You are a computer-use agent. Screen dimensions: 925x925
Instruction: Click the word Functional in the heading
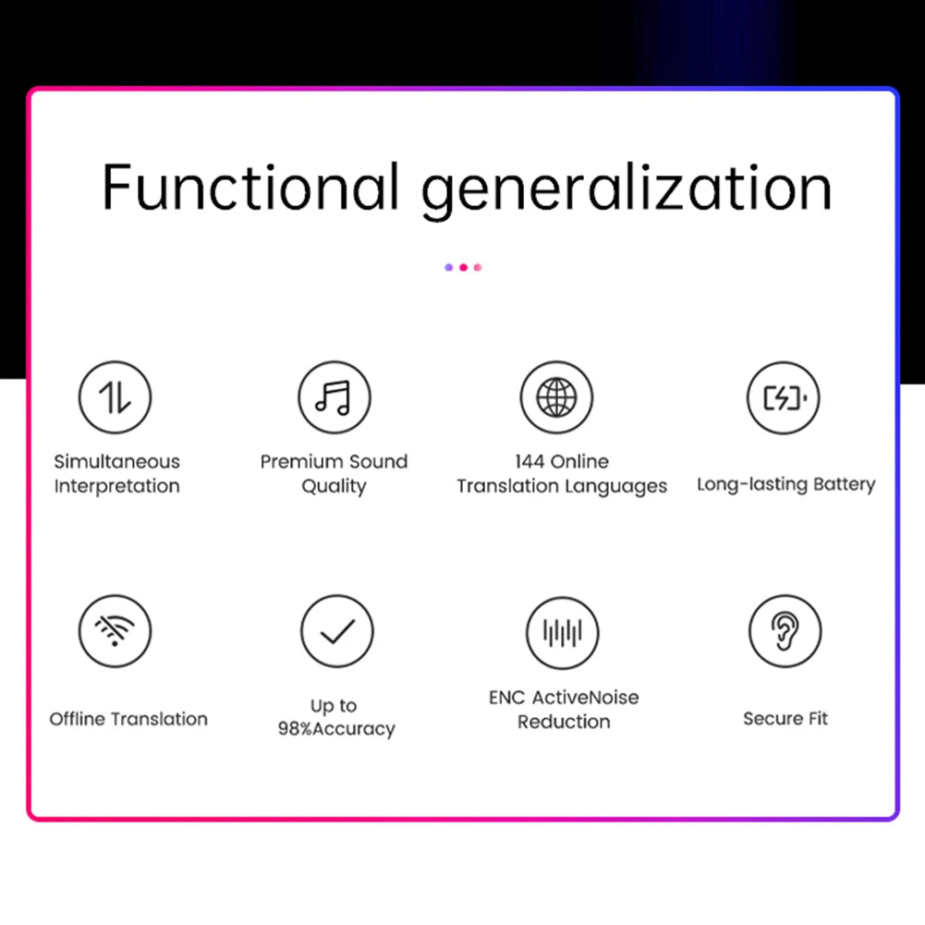tap(250, 187)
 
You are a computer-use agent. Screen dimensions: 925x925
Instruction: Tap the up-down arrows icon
tap(115, 397)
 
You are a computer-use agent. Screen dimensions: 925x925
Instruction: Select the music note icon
tap(334, 397)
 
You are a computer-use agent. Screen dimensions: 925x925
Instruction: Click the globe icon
tap(556, 397)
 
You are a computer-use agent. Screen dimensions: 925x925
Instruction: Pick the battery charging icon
tap(784, 397)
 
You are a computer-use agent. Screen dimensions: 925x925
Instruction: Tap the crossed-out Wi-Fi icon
tap(115, 631)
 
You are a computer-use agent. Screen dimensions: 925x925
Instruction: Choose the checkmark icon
tap(337, 631)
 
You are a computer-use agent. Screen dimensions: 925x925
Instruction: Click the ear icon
tap(785, 631)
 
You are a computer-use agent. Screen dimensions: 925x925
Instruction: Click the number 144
tap(533, 462)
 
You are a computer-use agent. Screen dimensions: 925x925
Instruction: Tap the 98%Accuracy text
tap(336, 729)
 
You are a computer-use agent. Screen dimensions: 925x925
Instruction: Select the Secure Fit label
tap(785, 719)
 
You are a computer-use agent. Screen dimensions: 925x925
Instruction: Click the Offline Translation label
tap(128, 719)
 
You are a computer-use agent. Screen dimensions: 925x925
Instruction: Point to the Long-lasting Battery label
tap(785, 485)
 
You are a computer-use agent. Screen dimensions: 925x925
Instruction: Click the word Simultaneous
tap(116, 462)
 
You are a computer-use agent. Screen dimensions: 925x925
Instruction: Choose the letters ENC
tap(507, 698)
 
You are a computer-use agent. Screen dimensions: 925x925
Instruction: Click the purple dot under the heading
tap(449, 268)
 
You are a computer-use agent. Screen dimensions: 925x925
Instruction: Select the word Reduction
tap(564, 723)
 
